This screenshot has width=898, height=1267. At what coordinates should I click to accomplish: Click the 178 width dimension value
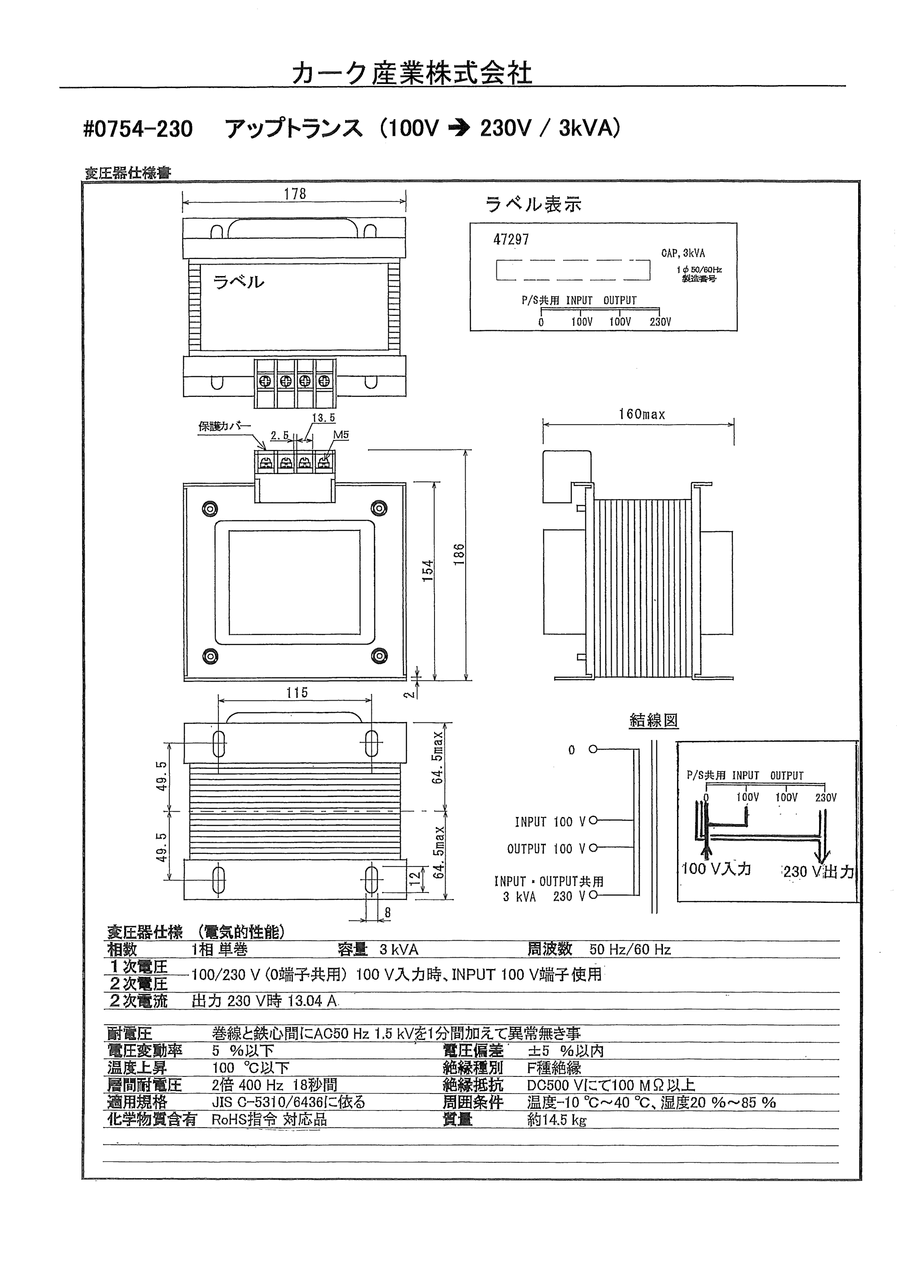tap(295, 194)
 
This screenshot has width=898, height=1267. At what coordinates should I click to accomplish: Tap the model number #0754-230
tap(138, 129)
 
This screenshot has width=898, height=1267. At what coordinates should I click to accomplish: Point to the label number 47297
tap(511, 240)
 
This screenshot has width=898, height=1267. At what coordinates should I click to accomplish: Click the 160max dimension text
tap(641, 414)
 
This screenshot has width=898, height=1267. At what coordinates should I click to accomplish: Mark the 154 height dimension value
tap(428, 571)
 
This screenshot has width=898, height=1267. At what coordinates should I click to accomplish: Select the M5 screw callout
tap(341, 435)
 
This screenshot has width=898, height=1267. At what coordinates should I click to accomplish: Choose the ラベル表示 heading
tap(534, 205)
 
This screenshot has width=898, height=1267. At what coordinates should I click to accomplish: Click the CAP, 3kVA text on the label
tap(683, 254)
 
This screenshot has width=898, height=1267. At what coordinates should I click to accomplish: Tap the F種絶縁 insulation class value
tap(554, 1068)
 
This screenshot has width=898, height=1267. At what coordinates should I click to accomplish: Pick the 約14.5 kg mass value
tap(557, 1120)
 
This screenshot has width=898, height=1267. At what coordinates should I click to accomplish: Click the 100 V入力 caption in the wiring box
tap(716, 869)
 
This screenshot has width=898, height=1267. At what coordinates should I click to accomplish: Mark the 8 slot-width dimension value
tap(388, 913)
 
